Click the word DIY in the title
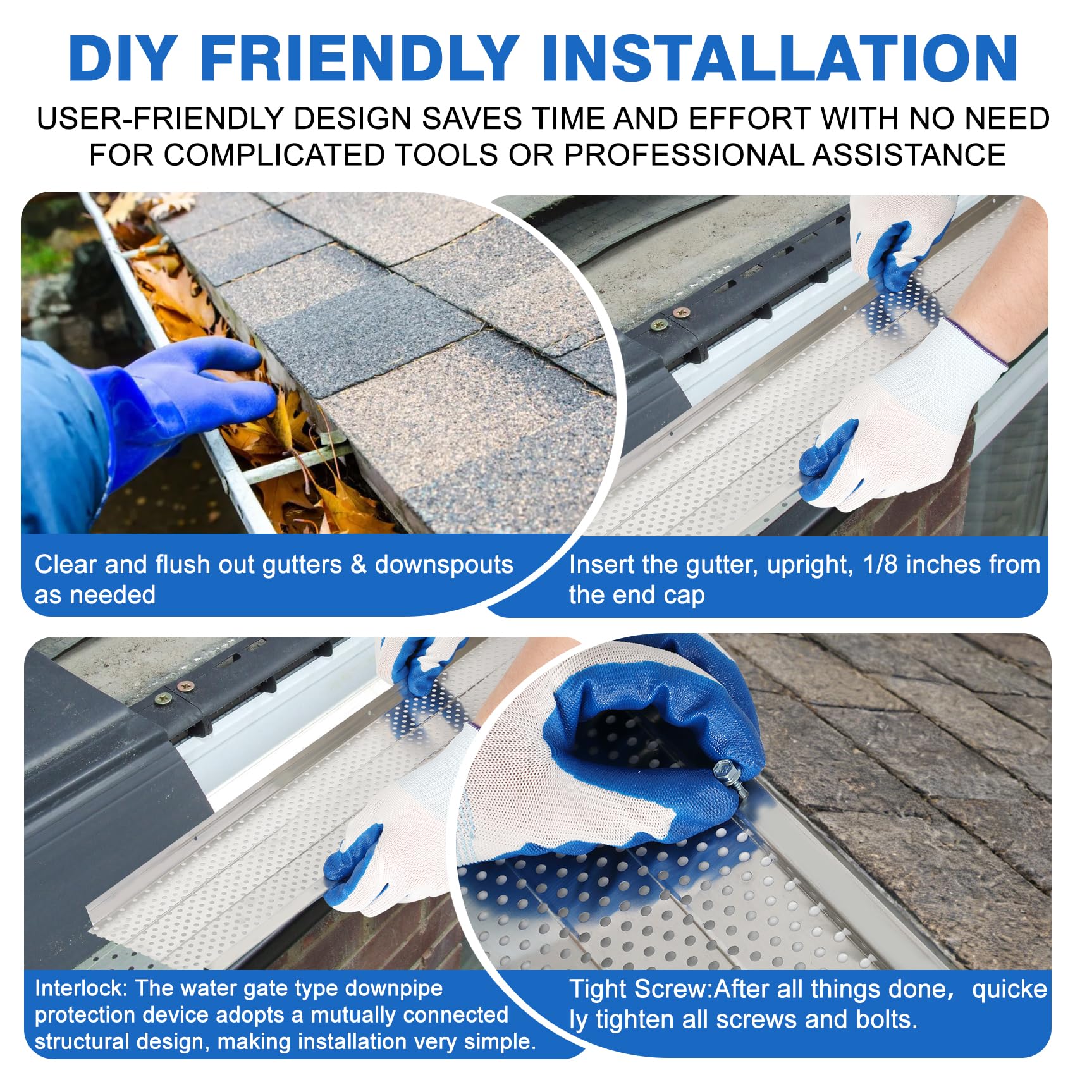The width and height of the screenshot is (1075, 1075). point(121,58)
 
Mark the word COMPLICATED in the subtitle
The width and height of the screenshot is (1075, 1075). point(274,155)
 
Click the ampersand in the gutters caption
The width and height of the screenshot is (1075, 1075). point(359,564)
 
